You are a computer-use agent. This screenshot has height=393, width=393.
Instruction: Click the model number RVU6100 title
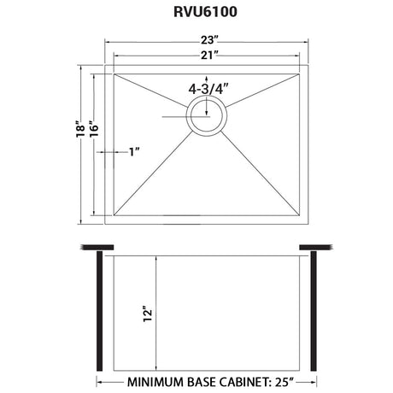[205, 12]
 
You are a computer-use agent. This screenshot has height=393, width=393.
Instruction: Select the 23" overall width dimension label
[209, 40]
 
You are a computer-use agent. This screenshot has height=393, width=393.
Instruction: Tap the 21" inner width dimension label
[209, 55]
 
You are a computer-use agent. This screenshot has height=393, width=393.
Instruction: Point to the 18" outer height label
[80, 129]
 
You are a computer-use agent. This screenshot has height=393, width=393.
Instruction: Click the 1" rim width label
[134, 152]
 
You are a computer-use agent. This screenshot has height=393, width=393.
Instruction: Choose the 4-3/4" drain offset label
[208, 89]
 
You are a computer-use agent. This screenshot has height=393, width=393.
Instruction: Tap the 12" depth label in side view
[148, 314]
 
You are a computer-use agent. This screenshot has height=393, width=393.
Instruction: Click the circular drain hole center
[207, 116]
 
